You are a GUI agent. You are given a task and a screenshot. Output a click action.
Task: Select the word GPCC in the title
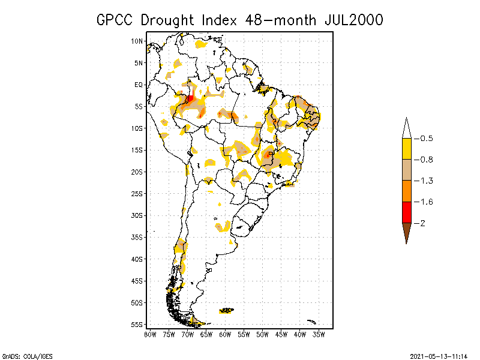116,20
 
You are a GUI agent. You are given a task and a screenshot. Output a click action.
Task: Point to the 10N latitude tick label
137,41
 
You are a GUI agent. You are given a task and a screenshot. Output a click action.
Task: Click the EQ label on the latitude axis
139,85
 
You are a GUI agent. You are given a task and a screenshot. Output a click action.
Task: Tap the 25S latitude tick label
137,193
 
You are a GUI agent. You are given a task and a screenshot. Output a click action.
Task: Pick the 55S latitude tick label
137,324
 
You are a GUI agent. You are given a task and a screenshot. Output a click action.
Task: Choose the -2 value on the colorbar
422,223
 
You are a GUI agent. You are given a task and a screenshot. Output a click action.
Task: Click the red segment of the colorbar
406,212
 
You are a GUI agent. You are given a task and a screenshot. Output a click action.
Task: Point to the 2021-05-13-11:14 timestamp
439,355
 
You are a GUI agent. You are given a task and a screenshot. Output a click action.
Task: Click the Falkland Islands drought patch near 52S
227,310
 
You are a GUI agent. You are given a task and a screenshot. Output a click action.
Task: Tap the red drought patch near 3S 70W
190,99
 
